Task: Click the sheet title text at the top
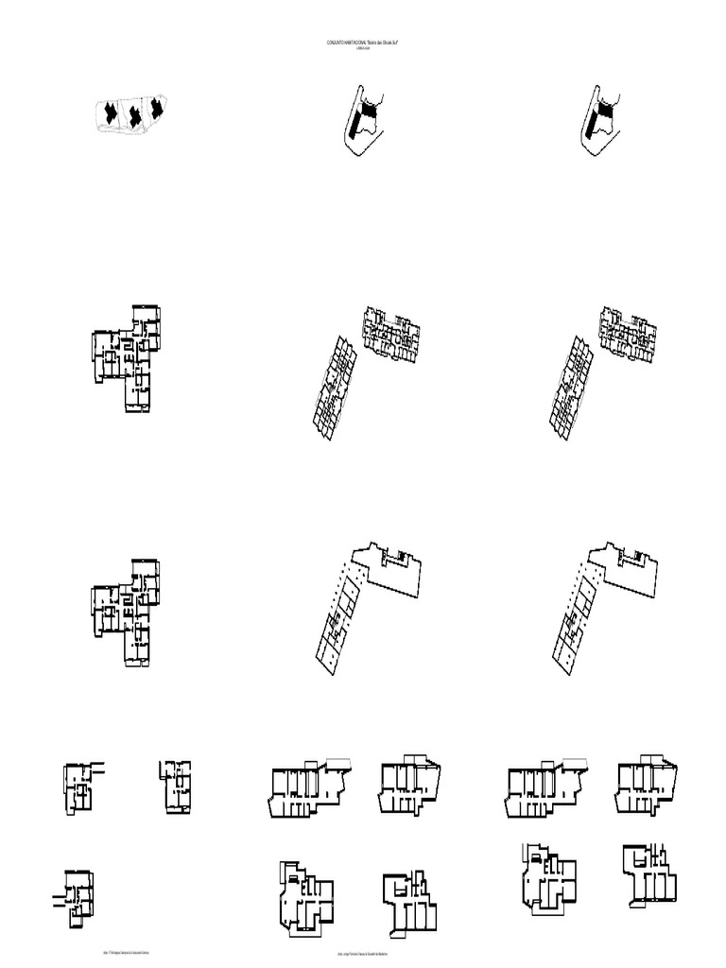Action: click(363, 44)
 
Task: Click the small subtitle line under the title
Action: click(363, 50)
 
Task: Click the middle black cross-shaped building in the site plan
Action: click(135, 114)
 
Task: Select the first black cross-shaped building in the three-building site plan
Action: click(111, 112)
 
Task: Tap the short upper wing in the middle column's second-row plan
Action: click(391, 333)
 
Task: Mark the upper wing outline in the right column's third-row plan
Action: click(624, 569)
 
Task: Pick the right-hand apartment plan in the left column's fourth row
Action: click(178, 786)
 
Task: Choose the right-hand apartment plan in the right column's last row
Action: click(650, 874)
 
